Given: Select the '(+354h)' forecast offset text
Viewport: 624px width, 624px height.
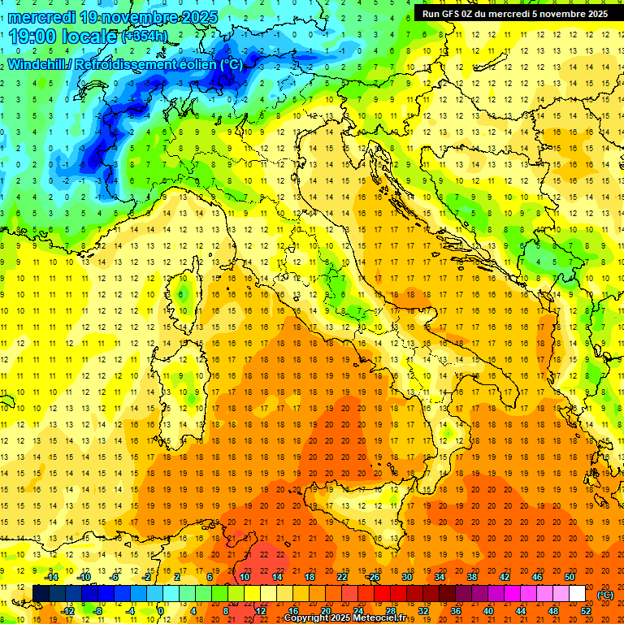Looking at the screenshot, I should tap(145, 37).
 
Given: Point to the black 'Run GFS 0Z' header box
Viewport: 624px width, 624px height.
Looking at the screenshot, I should tap(514, 13).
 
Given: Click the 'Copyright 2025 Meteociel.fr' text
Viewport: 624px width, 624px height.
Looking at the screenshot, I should tap(355, 617).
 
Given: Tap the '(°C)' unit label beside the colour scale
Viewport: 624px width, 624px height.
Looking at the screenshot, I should tap(606, 594).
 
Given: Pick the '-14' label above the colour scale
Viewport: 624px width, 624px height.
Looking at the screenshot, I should tap(51, 577).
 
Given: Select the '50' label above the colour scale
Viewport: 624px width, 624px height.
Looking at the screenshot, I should tap(570, 577).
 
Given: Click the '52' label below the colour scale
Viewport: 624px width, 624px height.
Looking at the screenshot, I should tap(586, 610).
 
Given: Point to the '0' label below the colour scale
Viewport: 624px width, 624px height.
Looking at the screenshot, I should tap(161, 610).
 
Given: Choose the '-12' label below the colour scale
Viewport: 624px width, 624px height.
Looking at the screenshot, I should tap(67, 610).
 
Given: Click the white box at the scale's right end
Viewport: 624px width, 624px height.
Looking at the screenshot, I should tap(578, 594).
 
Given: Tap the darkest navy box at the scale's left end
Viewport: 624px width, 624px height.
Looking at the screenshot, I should tap(41, 594).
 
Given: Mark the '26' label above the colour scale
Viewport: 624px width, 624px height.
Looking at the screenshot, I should tap(374, 577).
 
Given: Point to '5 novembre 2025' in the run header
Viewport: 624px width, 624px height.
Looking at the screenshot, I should tap(569, 13).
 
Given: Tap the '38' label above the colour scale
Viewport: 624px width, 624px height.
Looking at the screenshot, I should tap(471, 577).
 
